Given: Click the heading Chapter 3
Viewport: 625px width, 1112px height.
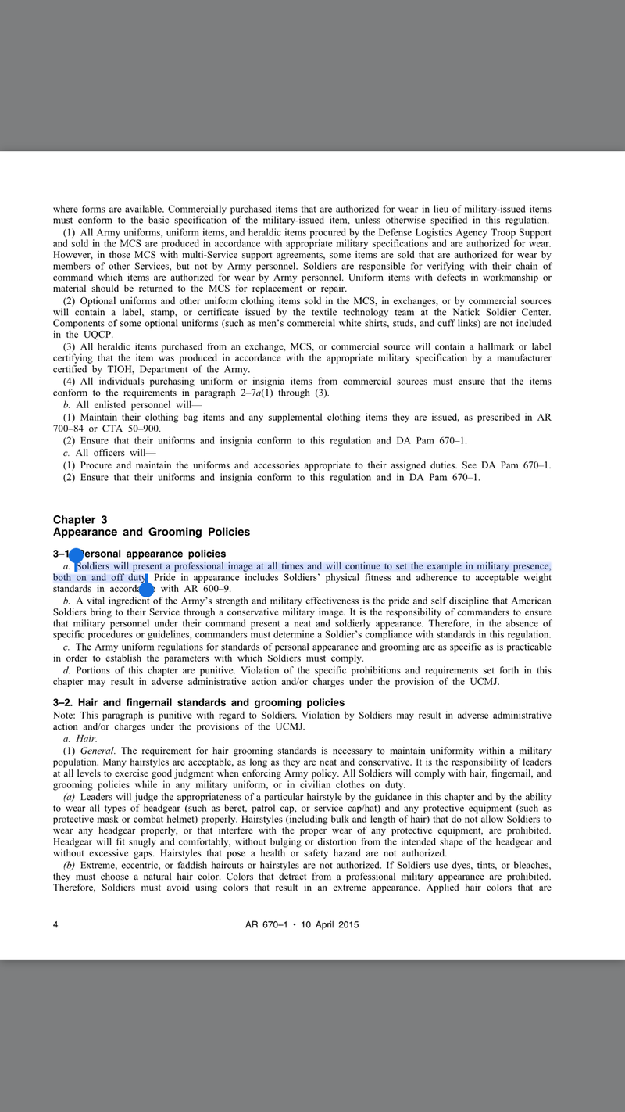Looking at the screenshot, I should pos(80,519).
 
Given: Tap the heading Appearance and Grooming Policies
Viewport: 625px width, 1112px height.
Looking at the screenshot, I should pos(152,532).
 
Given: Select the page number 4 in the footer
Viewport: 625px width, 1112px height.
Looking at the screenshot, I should pos(55,924).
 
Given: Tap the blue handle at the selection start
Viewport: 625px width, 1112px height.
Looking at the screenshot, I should pos(76,555).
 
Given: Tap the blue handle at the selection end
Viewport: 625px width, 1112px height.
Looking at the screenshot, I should pos(145,587).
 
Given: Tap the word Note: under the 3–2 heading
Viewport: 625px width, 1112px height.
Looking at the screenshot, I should pos(66,715).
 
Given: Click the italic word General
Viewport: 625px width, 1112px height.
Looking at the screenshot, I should pos(98,750).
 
